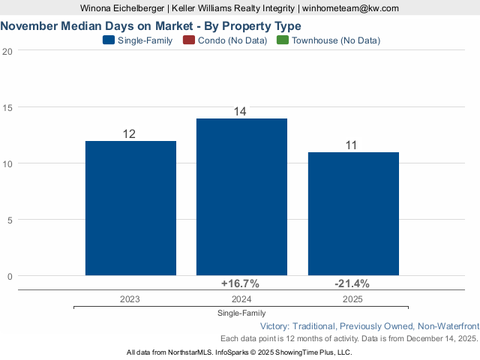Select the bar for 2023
tap(130, 208)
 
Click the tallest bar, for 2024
tap(241, 196)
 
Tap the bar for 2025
tap(353, 214)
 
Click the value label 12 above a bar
tap(129, 134)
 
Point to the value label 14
tap(240, 112)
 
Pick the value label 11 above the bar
tap(351, 145)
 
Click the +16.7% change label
tap(240, 283)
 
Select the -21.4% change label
tap(352, 283)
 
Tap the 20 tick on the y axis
tap(7, 51)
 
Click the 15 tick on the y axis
tap(7, 107)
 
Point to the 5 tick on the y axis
tap(10, 220)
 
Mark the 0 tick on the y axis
tap(10, 276)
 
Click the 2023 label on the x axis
tap(130, 298)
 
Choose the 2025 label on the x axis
tap(353, 298)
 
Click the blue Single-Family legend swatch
tap(108, 40)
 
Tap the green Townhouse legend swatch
tap(283, 40)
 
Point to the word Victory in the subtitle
tap(276, 326)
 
